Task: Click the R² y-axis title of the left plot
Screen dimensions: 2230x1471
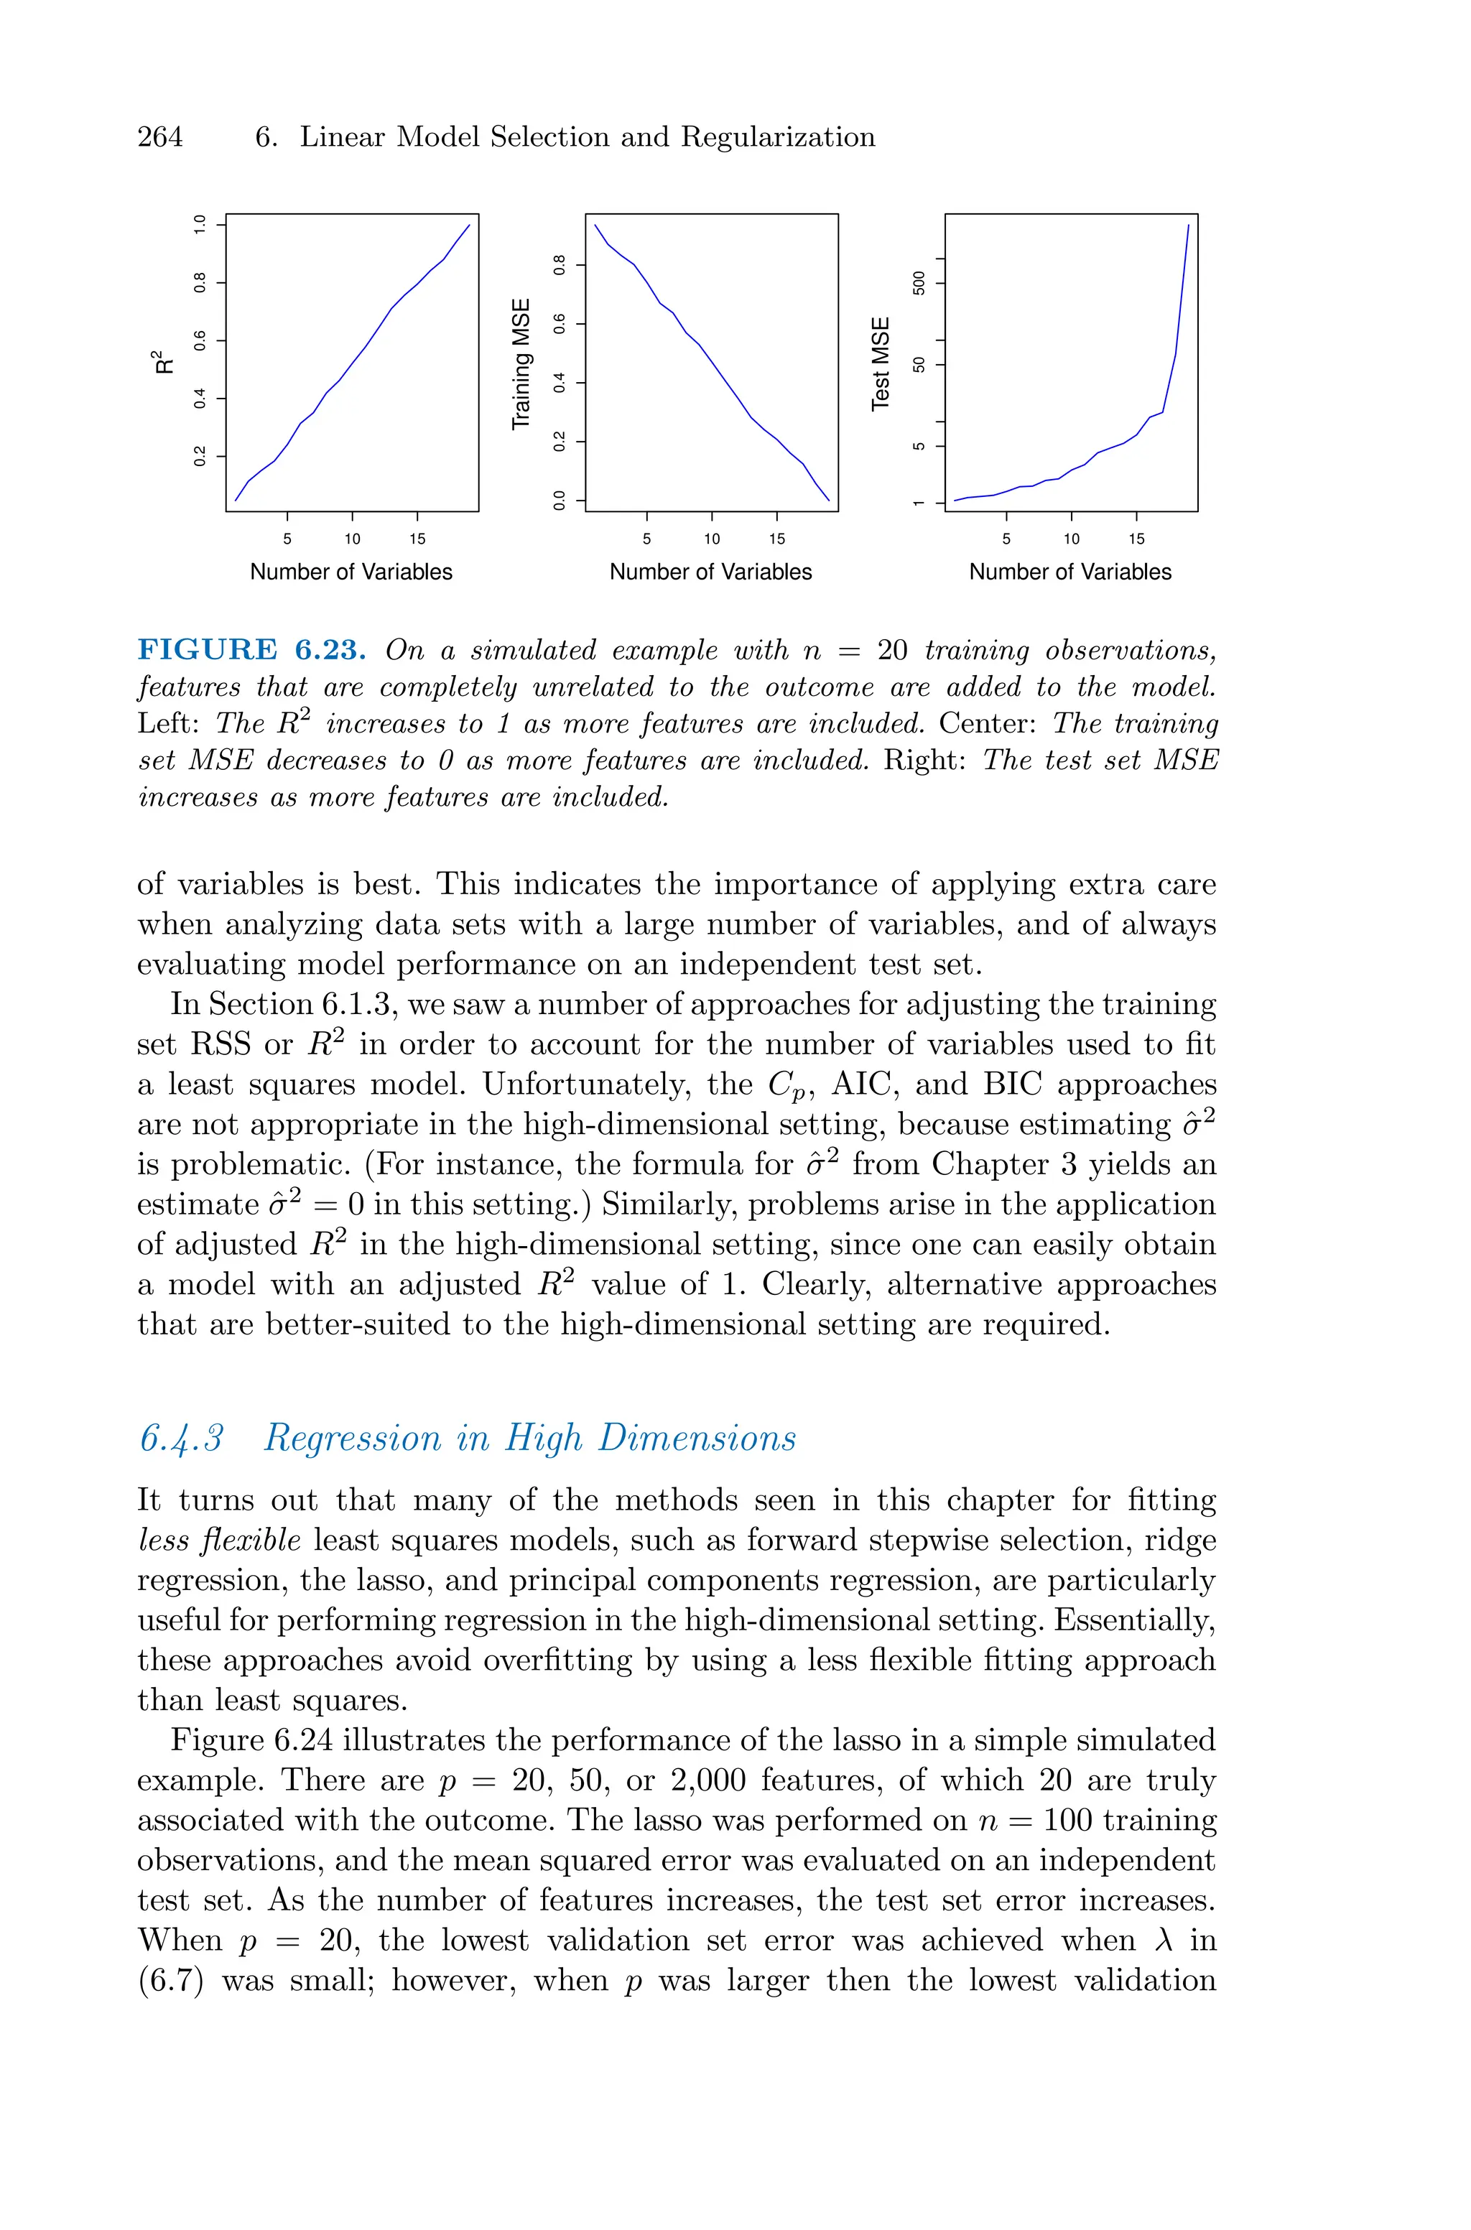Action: click(162, 362)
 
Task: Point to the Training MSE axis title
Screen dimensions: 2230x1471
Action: click(521, 364)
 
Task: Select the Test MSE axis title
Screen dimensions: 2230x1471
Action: click(881, 364)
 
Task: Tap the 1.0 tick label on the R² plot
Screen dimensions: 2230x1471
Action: click(199, 224)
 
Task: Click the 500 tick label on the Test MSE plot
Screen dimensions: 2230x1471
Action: click(919, 283)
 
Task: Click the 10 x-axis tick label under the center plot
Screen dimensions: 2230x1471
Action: click(712, 539)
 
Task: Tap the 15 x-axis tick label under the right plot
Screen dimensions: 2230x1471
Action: click(1136, 539)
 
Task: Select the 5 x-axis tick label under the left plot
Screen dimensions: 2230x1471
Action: click(287, 539)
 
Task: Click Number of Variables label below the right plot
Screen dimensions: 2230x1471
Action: click(1069, 572)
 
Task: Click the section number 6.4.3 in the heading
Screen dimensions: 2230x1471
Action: click(181, 1439)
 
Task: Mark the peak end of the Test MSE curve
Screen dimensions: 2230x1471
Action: click(1189, 225)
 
